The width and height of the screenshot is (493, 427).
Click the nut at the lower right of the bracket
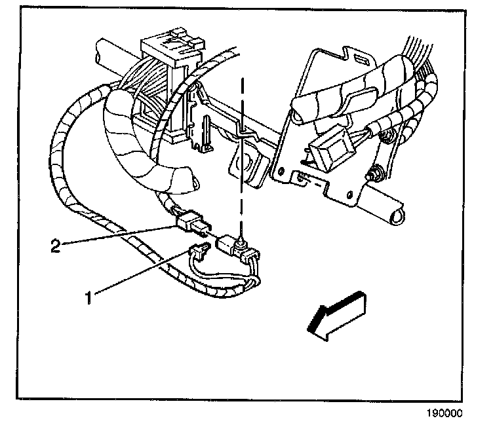376,175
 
